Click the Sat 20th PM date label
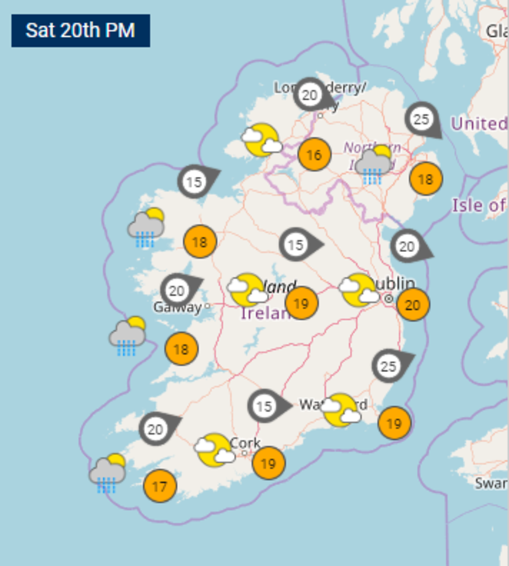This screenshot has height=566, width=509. point(80,31)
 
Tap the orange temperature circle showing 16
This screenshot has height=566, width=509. point(313,155)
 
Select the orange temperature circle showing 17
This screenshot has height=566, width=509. point(160,487)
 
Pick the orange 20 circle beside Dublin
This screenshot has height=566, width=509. point(413,305)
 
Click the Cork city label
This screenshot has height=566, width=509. point(244,443)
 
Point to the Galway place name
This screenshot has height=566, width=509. point(177,308)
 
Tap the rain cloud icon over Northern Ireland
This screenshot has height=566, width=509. point(374,164)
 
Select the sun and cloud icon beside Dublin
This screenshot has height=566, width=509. point(358,290)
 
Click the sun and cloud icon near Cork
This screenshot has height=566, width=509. point(214,450)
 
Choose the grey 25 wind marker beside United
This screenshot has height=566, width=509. point(422,119)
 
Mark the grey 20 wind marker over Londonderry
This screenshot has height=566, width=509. point(310,96)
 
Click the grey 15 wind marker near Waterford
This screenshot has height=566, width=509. point(264,406)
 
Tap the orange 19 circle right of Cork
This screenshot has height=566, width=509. point(268,463)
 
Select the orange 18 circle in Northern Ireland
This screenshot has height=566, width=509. point(425,179)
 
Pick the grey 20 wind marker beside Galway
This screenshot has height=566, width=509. point(177,290)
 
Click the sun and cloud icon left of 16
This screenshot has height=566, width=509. point(261,140)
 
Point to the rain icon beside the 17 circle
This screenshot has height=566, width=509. point(106,472)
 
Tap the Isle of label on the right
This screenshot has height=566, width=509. point(478,205)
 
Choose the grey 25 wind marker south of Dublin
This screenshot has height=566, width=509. point(388,366)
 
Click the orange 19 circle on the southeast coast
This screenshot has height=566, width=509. point(394,424)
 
